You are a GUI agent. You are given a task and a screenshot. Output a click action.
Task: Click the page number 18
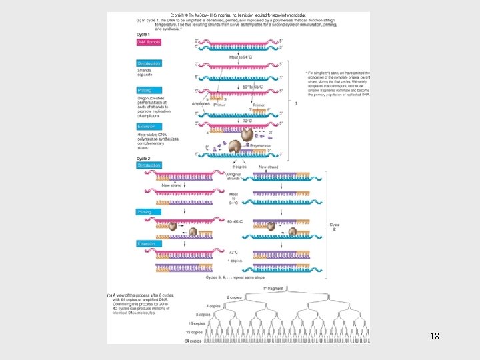(x=435, y=337)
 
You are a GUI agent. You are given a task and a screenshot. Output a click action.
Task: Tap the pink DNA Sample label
(x=148, y=42)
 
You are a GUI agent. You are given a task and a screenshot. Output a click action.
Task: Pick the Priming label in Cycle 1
(x=145, y=90)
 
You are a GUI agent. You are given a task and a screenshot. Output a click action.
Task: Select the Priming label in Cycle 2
(x=145, y=212)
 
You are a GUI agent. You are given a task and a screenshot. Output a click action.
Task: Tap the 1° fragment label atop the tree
(x=273, y=288)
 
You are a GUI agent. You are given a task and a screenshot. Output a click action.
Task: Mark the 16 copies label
(x=197, y=323)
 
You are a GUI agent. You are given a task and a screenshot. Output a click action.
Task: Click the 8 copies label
(x=203, y=314)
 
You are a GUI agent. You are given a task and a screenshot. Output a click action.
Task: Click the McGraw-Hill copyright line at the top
(x=238, y=14)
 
